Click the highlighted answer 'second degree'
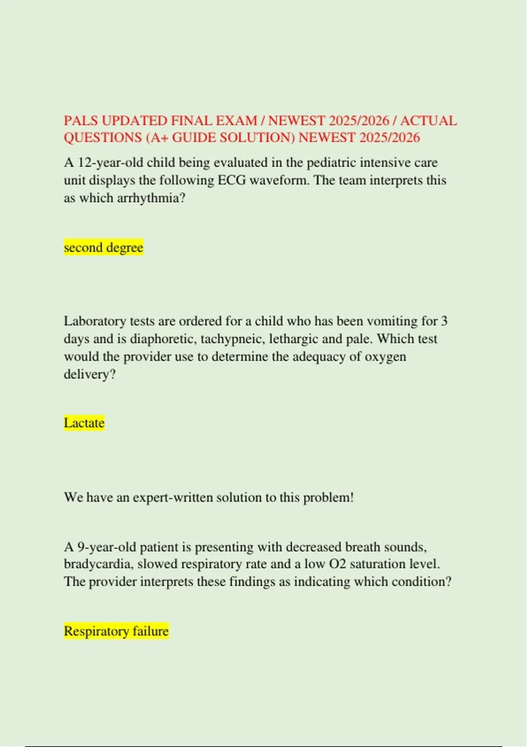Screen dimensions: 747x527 (x=104, y=247)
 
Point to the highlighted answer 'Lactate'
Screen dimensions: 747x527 (x=84, y=423)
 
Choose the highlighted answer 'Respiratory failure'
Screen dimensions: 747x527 (x=116, y=631)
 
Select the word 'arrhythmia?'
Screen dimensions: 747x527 (x=151, y=198)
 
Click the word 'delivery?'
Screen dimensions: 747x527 (x=90, y=374)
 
